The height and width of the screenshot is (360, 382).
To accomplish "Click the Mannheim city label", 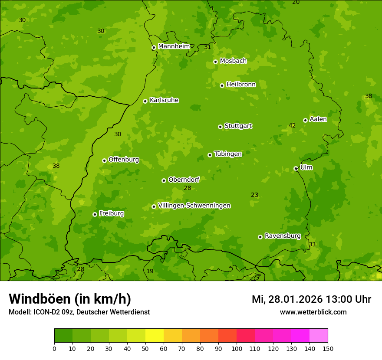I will coord(174,46).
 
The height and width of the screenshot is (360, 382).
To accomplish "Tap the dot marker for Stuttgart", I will coord(220,127).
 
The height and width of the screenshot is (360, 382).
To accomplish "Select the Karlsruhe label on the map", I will coord(164,100).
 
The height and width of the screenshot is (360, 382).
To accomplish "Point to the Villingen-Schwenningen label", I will coord(194,206).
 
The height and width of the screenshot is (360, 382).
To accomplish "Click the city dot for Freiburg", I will coord(95,214).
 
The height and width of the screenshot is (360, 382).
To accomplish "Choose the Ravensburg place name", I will coord(282,236).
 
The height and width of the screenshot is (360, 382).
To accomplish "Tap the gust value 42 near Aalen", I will coord(292,126).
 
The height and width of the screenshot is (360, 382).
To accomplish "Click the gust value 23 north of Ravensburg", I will coord(254,195).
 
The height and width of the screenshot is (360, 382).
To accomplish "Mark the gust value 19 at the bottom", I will coord(150,272).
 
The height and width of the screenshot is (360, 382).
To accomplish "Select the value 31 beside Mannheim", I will coord(207,47).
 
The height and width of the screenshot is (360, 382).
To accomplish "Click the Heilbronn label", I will coord(241,85).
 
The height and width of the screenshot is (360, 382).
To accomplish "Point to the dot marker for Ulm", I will coord(296,168).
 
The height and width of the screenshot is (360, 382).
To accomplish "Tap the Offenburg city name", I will coord(124,160).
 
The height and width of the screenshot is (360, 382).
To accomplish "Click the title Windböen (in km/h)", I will coord(70,299).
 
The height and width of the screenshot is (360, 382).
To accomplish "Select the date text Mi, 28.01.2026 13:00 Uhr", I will coord(311,299).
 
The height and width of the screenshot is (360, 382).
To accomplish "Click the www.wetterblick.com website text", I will coord(313,312).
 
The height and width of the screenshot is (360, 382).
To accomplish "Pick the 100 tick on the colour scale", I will coord(237,348).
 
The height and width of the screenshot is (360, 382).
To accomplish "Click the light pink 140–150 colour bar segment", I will coord(319,336).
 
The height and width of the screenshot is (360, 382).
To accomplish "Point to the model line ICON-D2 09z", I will coord(79,312).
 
